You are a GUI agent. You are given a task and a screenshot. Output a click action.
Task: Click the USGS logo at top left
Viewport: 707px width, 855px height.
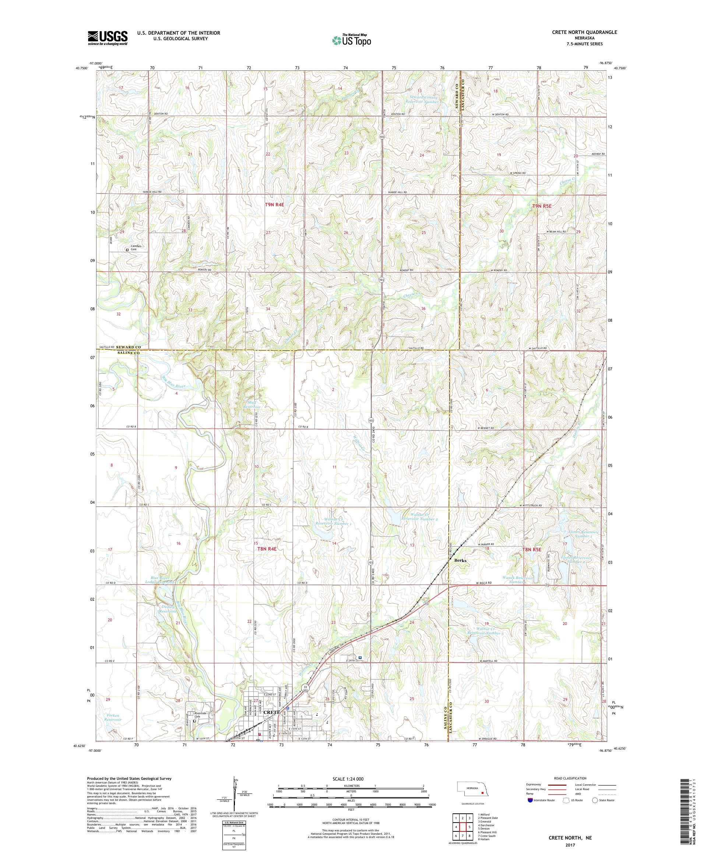pyautogui.click(x=108, y=38)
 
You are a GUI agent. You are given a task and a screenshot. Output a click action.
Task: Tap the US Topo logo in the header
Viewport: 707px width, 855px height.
pyautogui.click(x=352, y=40)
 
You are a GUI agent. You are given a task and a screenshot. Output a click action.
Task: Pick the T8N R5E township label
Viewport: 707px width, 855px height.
pyautogui.click(x=532, y=549)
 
